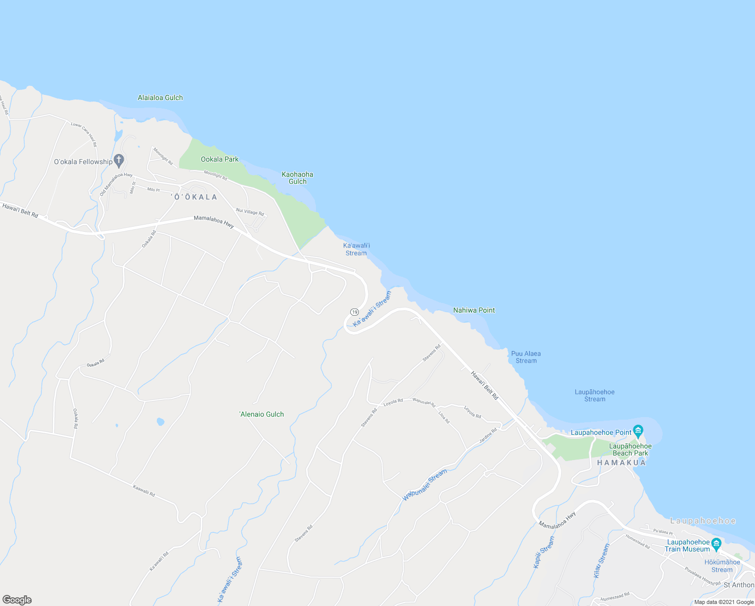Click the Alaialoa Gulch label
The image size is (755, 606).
pos(160,97)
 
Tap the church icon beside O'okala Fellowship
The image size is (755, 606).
pos(119,161)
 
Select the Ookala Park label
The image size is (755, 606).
pos(220,159)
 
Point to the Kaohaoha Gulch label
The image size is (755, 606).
pos(297,178)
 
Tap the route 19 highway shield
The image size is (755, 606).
pos(354,312)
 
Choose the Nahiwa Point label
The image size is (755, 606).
pos(474,310)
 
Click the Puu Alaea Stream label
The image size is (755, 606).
pos(526,357)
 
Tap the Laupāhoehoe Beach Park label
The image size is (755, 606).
pos(630,449)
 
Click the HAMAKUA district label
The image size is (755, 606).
pos(621,463)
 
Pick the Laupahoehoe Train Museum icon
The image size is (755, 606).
pos(716,544)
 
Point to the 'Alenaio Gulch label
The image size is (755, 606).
pos(261,414)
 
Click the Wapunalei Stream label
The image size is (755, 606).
pos(425,485)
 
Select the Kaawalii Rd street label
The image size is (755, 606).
pos(144,490)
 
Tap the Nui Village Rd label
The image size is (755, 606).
pos(250,212)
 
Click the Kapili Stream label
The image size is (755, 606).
pos(544,552)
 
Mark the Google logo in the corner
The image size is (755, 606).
pos(17,600)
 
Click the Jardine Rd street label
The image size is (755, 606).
pos(488,436)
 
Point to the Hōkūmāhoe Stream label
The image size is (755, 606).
pos(722,566)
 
